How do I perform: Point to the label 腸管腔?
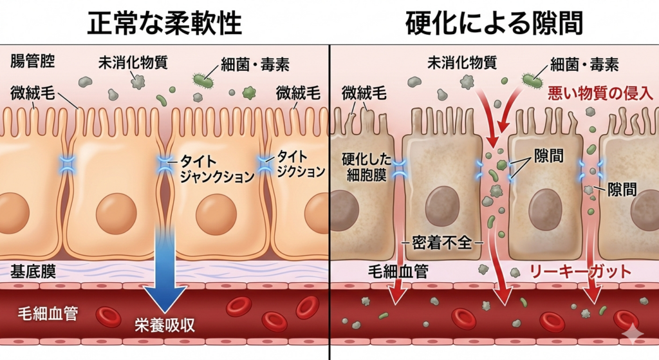point(33,62)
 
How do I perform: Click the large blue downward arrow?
point(165,270)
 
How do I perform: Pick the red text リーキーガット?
point(580,271)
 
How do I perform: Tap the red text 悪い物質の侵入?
point(600,93)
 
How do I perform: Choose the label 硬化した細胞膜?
point(364,166)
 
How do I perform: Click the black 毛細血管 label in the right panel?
point(398,271)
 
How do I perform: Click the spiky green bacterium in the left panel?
point(204,81)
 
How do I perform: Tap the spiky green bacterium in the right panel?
point(532,80)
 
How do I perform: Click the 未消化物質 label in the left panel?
point(133,63)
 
